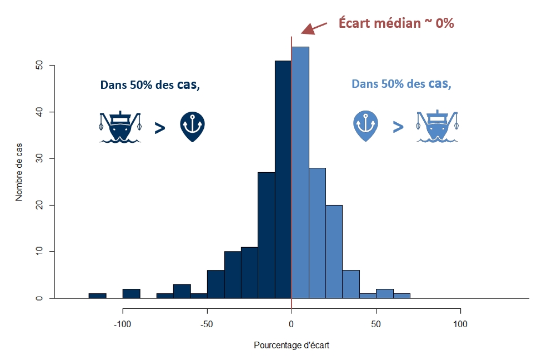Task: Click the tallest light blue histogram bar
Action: pyautogui.click(x=300, y=172)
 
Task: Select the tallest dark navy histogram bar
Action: pyautogui.click(x=283, y=179)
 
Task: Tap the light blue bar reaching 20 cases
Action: pyautogui.click(x=334, y=252)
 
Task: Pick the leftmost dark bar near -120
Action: pyautogui.click(x=98, y=296)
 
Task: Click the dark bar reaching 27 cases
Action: pyautogui.click(x=267, y=235)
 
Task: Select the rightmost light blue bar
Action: pyautogui.click(x=402, y=296)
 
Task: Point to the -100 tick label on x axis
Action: pyautogui.click(x=123, y=324)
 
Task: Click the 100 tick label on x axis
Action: pyautogui.click(x=460, y=324)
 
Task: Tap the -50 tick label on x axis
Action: pyautogui.click(x=207, y=324)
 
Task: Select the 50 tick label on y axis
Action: pyautogui.click(x=39, y=65)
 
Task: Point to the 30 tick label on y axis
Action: pyautogui.click(x=39, y=158)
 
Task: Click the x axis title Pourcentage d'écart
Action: pyautogui.click(x=292, y=345)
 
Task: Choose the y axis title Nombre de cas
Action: pyautogui.click(x=19, y=172)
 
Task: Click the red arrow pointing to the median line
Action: pyautogui.click(x=314, y=28)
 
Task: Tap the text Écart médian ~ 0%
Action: pyautogui.click(x=396, y=23)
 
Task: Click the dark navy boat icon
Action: pyautogui.click(x=120, y=127)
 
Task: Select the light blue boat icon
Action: pyautogui.click(x=437, y=126)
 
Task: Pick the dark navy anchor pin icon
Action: pyautogui.click(x=192, y=127)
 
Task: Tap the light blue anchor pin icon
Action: pyautogui.click(x=365, y=126)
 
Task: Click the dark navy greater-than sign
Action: pyautogui.click(x=160, y=128)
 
